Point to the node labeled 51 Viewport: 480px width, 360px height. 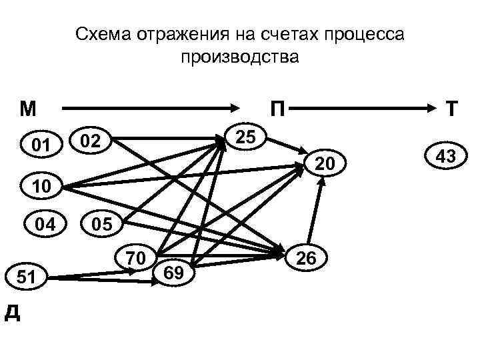click(x=27, y=276)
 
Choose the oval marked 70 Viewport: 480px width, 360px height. click(x=136, y=256)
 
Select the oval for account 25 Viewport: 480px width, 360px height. click(x=246, y=137)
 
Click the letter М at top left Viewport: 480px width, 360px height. click(x=28, y=107)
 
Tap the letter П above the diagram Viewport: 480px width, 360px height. click(x=276, y=108)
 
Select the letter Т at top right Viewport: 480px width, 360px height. click(x=451, y=108)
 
